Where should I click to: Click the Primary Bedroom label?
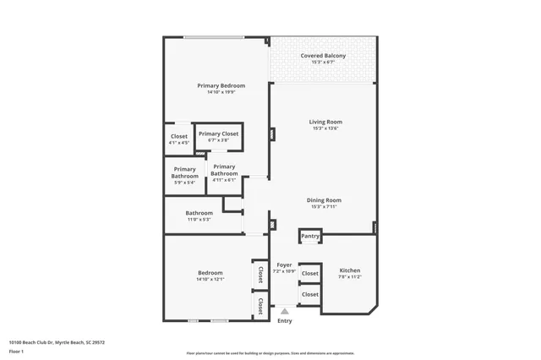click(x=221, y=85)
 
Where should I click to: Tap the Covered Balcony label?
click(x=323, y=56)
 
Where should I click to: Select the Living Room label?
click(x=325, y=122)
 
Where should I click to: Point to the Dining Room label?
click(x=324, y=200)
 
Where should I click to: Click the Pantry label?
click(x=310, y=236)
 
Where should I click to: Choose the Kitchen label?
click(x=350, y=270)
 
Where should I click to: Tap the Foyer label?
click(x=283, y=265)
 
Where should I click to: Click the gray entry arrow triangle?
click(x=285, y=312)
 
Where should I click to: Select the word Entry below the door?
click(x=285, y=321)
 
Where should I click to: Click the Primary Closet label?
click(x=218, y=134)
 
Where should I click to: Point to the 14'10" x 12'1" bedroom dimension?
click(x=210, y=280)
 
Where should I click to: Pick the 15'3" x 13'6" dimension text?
click(x=325, y=128)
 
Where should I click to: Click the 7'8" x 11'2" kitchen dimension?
click(x=350, y=277)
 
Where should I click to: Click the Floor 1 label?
click(x=16, y=351)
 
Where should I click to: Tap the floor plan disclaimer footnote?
click(x=270, y=353)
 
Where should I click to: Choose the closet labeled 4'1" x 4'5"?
click(x=179, y=139)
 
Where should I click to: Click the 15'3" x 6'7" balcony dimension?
click(x=323, y=63)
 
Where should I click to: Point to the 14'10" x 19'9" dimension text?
click(x=221, y=92)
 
